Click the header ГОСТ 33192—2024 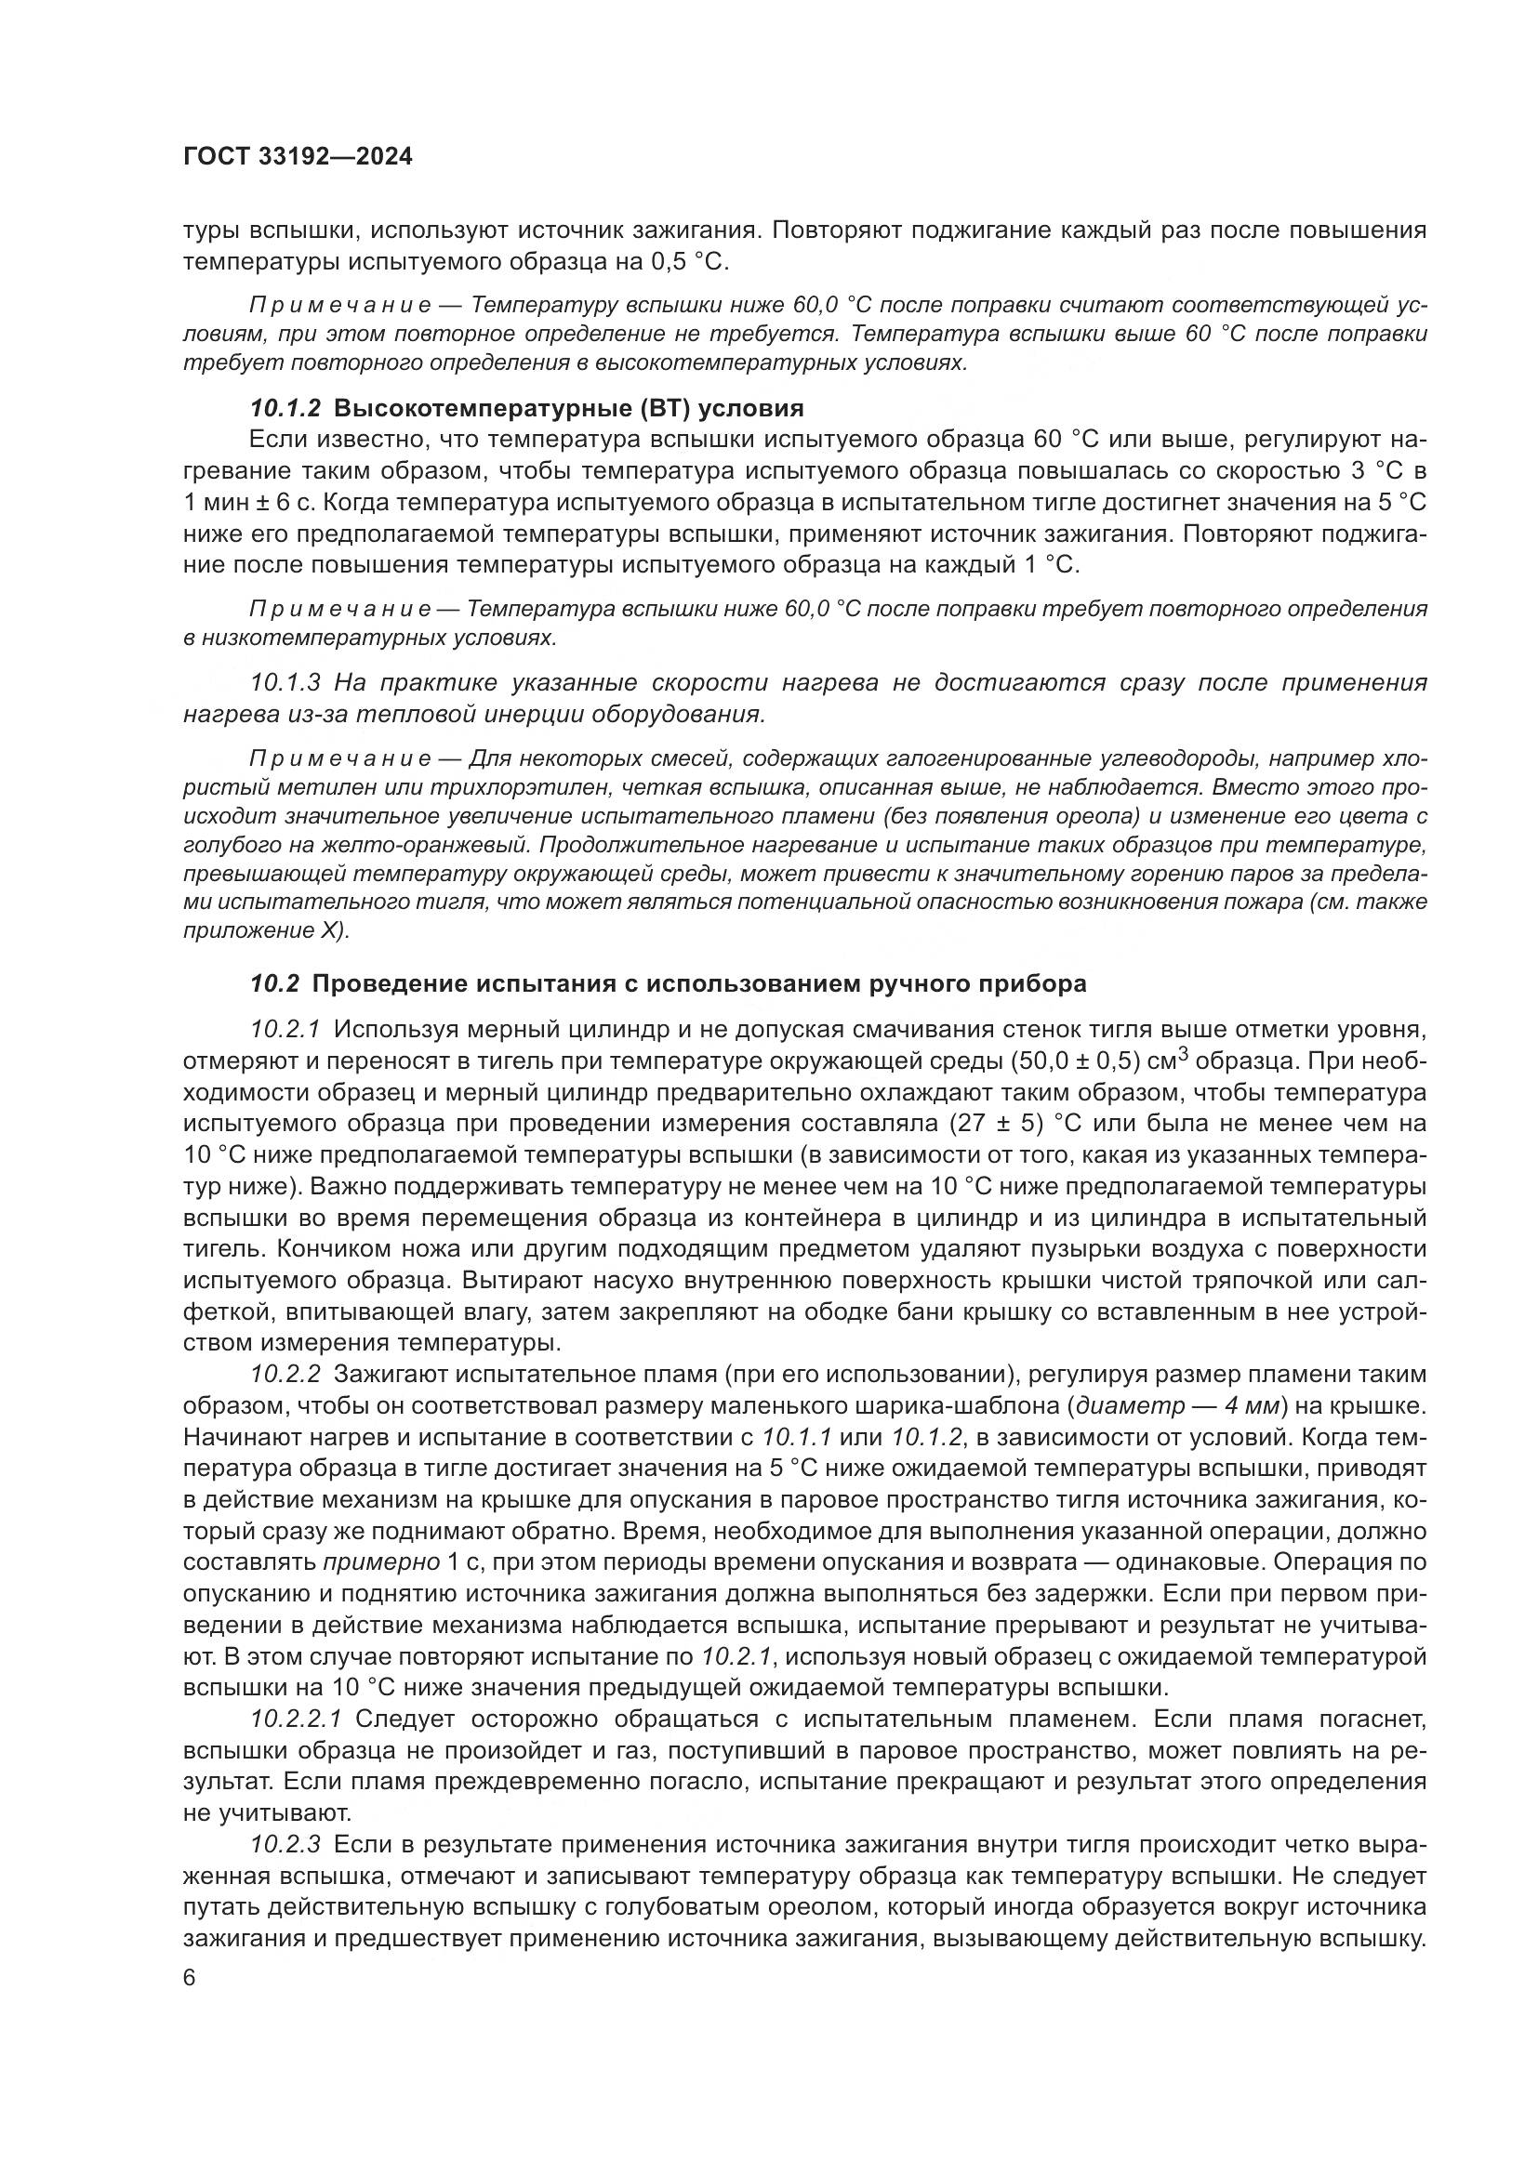pos(298,157)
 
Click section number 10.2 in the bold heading pos(273,983)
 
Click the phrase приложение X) pos(266,929)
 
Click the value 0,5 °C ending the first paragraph pos(689,261)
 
